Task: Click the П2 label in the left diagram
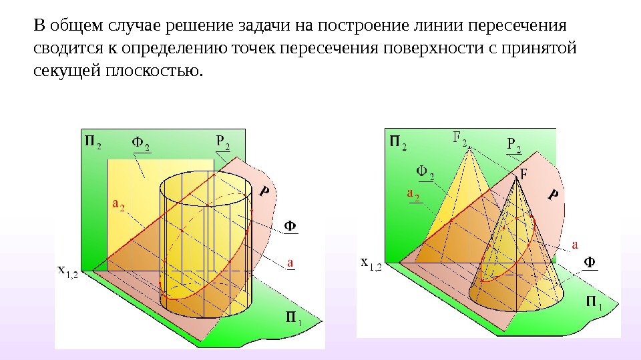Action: point(93,142)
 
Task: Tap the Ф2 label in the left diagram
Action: point(140,143)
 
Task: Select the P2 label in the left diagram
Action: point(223,142)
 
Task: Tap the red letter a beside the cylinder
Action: point(290,263)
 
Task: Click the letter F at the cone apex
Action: point(523,174)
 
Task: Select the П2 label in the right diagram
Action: point(398,142)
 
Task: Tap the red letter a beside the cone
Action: point(575,244)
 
